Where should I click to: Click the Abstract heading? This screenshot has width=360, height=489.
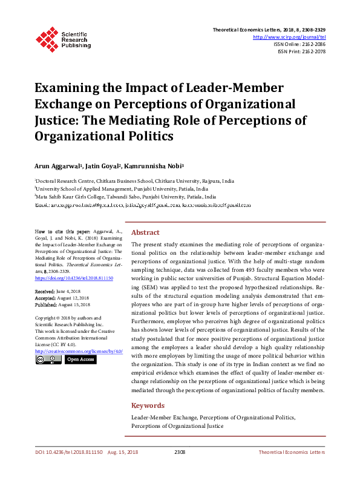pyautogui.click(x=145, y=232)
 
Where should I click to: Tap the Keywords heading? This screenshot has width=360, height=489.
pyautogui.click(x=148, y=405)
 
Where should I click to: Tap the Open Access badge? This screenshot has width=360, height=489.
pyautogui.click(x=80, y=359)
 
